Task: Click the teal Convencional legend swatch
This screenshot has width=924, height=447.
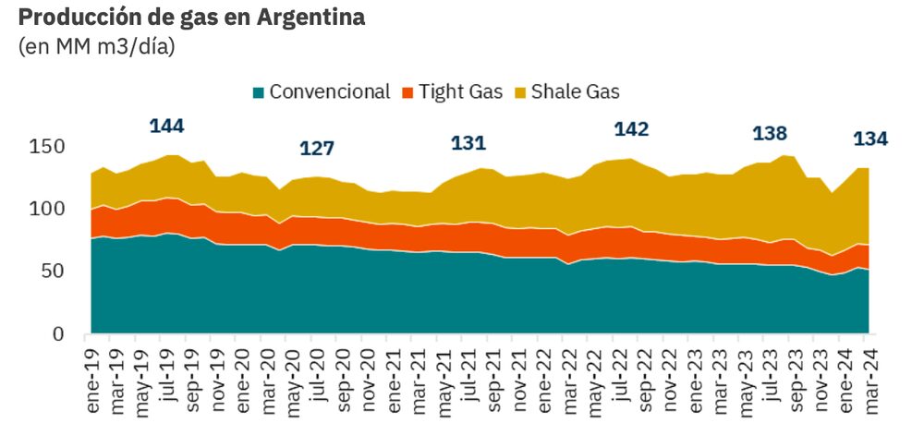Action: (x=258, y=92)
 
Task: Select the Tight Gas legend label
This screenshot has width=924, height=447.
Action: (x=460, y=92)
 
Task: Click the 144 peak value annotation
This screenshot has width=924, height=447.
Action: (x=166, y=127)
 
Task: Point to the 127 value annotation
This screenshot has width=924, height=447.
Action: (x=316, y=149)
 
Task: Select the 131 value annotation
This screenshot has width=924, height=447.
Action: (x=468, y=143)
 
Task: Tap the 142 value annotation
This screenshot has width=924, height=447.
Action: (x=631, y=129)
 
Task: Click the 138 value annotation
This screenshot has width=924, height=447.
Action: (x=770, y=134)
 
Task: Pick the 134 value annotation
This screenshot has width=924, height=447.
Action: (x=870, y=139)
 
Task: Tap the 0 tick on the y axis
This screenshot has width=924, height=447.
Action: (x=58, y=333)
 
